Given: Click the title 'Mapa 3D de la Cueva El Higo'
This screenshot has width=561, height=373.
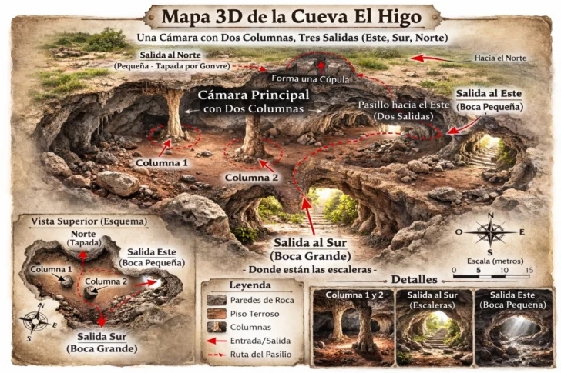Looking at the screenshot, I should [x=280, y=16].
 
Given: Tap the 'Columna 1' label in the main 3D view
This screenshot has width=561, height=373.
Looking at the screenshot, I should [x=162, y=164].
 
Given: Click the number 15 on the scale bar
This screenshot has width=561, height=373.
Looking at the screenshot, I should [x=529, y=270].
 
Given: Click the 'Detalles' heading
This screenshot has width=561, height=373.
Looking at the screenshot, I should [x=415, y=279].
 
